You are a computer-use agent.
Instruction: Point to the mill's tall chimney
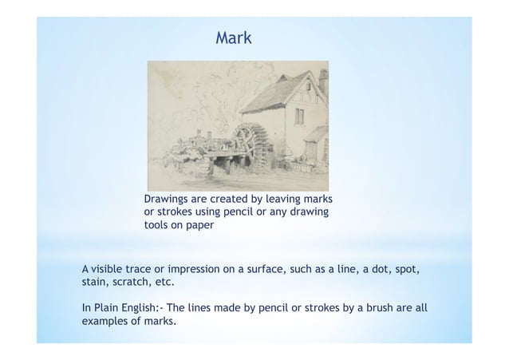323,81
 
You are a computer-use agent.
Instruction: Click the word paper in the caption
199,225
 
